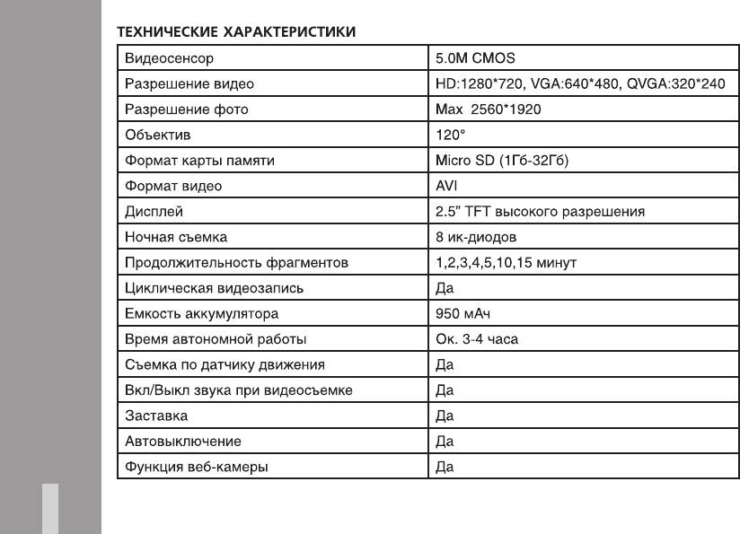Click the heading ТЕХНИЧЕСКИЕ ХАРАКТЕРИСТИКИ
[x=237, y=33]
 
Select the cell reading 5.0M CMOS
[x=475, y=58]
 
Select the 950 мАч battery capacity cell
[x=460, y=314]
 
